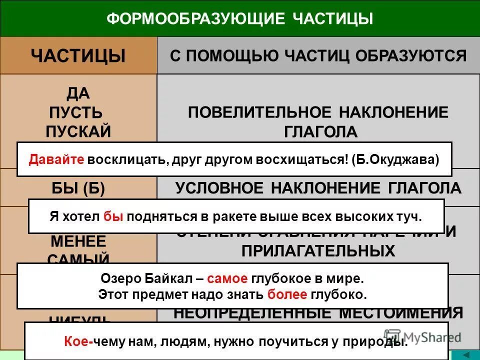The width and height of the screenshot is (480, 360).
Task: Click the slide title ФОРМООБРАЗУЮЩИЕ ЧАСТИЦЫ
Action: pyautogui.click(x=240, y=19)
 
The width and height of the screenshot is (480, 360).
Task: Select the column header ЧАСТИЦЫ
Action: pyautogui.click(x=78, y=55)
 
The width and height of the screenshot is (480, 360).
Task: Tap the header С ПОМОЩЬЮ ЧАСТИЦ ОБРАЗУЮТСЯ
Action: pyautogui.click(x=318, y=55)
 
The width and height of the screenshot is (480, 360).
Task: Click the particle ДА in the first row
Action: pyautogui.click(x=78, y=93)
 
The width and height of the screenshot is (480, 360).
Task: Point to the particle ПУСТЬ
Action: pyautogui.click(x=76, y=112)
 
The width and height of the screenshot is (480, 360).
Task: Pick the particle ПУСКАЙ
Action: pyautogui.click(x=78, y=131)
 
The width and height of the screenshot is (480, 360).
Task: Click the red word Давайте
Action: pyautogui.click(x=56, y=159)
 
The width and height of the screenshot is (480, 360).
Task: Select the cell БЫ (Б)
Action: pyautogui.click(x=78, y=188)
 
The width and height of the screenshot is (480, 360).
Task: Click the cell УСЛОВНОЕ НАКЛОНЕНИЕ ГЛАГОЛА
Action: pyautogui.click(x=318, y=188)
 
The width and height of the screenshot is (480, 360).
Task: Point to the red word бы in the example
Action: pyautogui.click(x=112, y=217)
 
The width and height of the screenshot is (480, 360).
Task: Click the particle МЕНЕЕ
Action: pyautogui.click(x=78, y=241)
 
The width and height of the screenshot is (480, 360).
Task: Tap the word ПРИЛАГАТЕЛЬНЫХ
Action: pyautogui.click(x=318, y=250)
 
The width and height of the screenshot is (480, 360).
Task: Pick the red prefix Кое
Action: pyautogui.click(x=77, y=342)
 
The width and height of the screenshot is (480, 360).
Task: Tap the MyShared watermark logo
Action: pyautogui.click(x=422, y=336)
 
